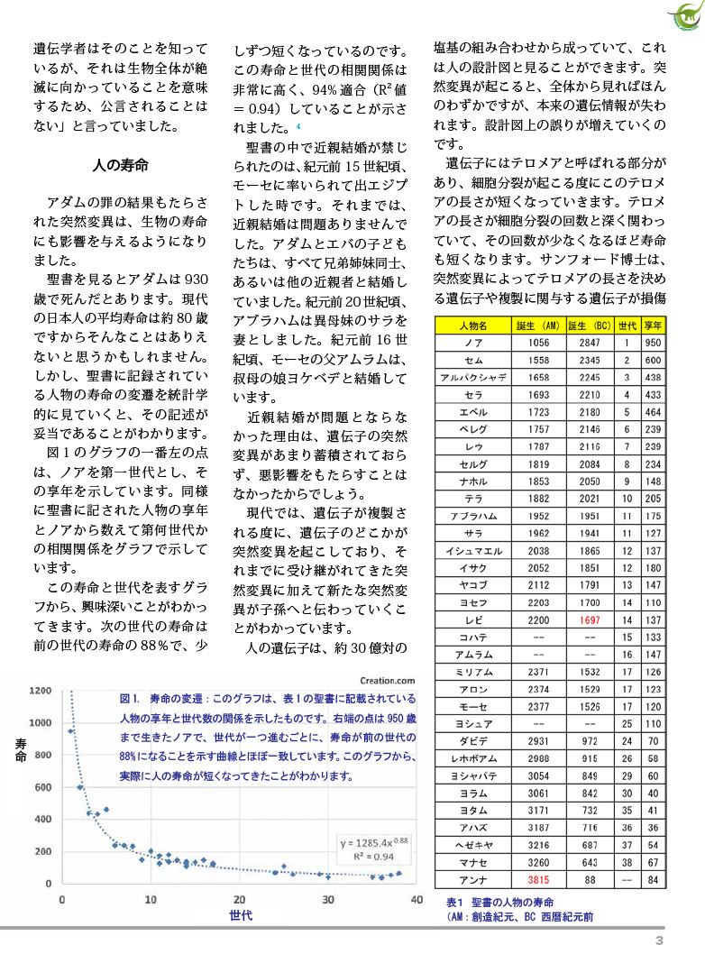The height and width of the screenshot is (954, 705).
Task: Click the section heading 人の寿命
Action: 121,166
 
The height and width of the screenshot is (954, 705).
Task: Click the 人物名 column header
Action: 472,326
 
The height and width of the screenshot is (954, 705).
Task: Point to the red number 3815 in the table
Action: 538,880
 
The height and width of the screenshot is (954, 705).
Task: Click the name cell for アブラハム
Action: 472,517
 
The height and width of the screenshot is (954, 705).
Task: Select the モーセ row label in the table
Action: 472,706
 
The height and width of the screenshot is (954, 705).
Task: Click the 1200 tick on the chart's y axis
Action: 40,691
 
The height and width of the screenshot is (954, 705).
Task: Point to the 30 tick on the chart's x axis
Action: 327,899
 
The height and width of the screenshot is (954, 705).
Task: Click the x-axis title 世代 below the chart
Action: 240,915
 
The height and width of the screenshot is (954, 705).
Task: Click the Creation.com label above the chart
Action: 389,682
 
